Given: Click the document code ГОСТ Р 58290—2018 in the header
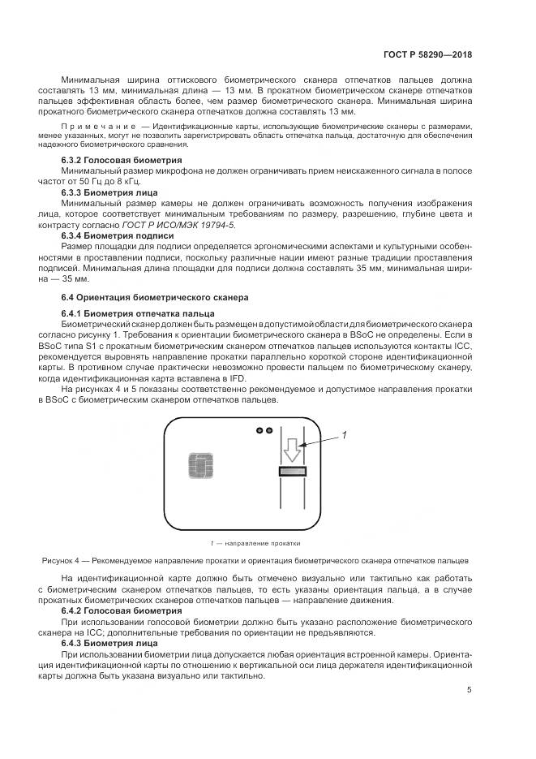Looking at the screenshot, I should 428,54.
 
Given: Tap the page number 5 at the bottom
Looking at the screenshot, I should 469,690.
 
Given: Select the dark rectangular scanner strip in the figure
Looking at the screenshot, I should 292,472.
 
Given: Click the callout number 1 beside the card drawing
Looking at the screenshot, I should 344,435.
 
